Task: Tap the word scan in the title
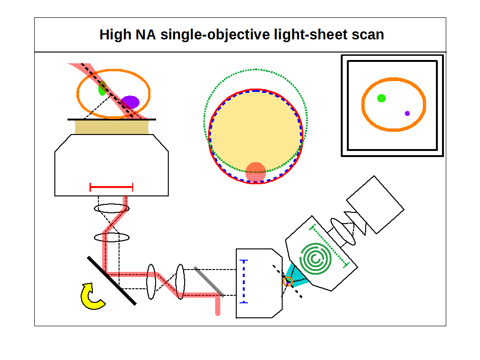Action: coord(368,35)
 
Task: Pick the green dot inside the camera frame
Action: coord(382,98)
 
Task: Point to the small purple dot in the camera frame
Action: coord(407,113)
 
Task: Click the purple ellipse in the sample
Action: coord(130,102)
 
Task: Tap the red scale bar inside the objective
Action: coord(111,187)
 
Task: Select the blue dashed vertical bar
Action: coord(243,281)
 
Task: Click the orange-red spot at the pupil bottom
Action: coord(255,171)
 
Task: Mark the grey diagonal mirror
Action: coord(209,281)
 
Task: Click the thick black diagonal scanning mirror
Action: coord(112,280)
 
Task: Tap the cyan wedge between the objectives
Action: coord(298,277)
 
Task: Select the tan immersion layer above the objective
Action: coord(112,127)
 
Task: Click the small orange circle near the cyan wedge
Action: coord(288,281)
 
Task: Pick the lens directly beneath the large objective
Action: coord(112,208)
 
